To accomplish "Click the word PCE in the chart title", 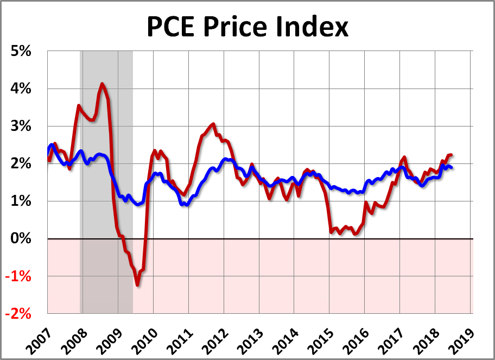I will coord(173,27).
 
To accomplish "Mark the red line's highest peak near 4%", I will coord(102,84).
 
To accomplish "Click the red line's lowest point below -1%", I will coord(138,285).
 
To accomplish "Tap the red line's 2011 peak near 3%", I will coord(213,124).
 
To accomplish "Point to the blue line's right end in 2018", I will coord(452,167).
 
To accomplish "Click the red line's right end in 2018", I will coord(452,155).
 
